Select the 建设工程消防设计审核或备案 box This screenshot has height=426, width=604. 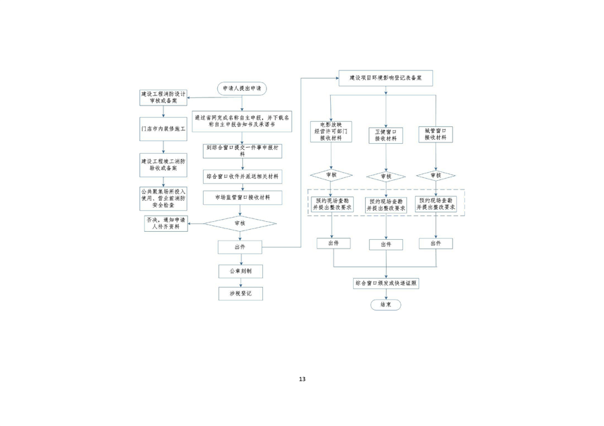[x=163, y=97]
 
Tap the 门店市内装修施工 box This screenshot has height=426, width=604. [x=163, y=128]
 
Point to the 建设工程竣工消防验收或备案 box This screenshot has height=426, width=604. [x=163, y=165]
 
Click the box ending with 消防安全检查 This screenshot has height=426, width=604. [x=163, y=198]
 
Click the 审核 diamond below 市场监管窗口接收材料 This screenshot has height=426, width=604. [x=241, y=223]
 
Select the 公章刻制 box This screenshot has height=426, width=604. [x=241, y=271]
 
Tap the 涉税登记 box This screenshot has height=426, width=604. [x=241, y=294]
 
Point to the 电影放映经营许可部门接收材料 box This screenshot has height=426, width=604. [x=331, y=132]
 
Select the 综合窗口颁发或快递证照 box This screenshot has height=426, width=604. [x=385, y=284]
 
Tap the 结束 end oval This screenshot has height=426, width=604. [x=385, y=304]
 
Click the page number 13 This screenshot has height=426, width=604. [x=302, y=380]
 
